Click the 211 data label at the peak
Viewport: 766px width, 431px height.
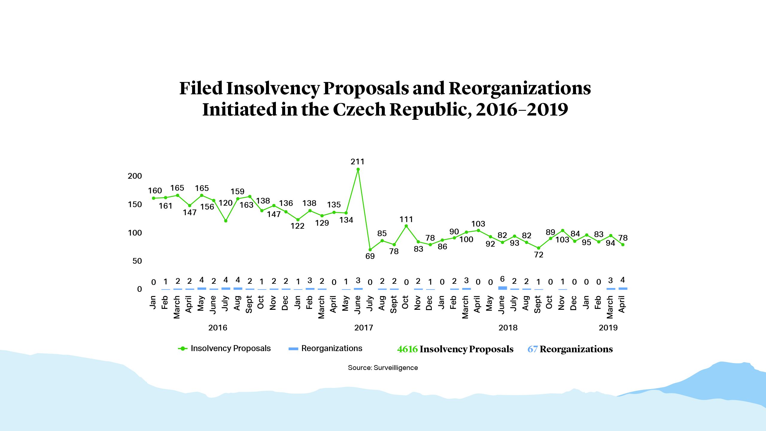click(x=358, y=162)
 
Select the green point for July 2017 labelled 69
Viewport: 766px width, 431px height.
click(x=370, y=250)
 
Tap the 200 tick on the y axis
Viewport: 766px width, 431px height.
click(x=135, y=176)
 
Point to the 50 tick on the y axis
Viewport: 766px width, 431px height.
click(x=137, y=261)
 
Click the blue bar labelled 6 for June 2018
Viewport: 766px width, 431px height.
click(x=502, y=288)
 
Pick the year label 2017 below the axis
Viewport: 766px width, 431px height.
click(x=364, y=328)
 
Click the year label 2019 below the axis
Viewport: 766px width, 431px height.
click(x=608, y=328)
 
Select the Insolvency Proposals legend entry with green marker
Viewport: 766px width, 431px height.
click(x=224, y=348)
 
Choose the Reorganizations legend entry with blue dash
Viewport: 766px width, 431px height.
click(x=325, y=348)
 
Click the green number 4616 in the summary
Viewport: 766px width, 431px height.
click(x=407, y=349)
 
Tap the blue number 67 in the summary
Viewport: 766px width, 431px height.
click(x=532, y=349)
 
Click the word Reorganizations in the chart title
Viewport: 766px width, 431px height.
click(x=520, y=88)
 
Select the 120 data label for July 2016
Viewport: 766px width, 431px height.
click(x=225, y=203)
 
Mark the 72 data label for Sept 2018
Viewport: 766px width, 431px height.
click(x=539, y=255)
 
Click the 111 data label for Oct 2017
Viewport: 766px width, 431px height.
click(x=406, y=219)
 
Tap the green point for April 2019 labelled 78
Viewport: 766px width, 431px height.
click(x=623, y=245)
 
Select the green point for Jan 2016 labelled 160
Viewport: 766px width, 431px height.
click(x=153, y=198)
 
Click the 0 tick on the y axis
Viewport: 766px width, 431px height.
click(x=139, y=289)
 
